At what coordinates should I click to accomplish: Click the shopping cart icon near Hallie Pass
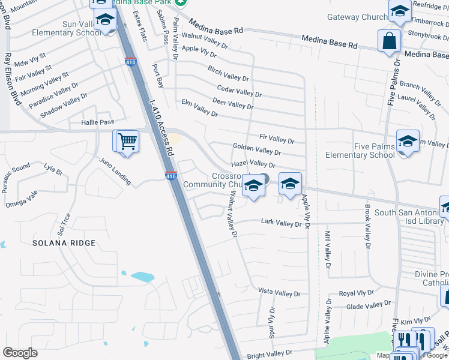(x=127, y=142)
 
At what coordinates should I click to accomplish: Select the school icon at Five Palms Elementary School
(x=408, y=142)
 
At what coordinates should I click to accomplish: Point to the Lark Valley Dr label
(x=281, y=223)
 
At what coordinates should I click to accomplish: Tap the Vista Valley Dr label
(x=279, y=293)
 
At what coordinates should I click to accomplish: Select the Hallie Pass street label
(x=97, y=122)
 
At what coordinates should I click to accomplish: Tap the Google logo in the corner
(x=20, y=353)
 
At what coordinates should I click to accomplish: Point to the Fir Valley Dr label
(x=276, y=139)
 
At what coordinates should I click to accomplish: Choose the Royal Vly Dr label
(x=356, y=293)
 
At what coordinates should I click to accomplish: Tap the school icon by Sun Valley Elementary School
(x=105, y=20)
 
